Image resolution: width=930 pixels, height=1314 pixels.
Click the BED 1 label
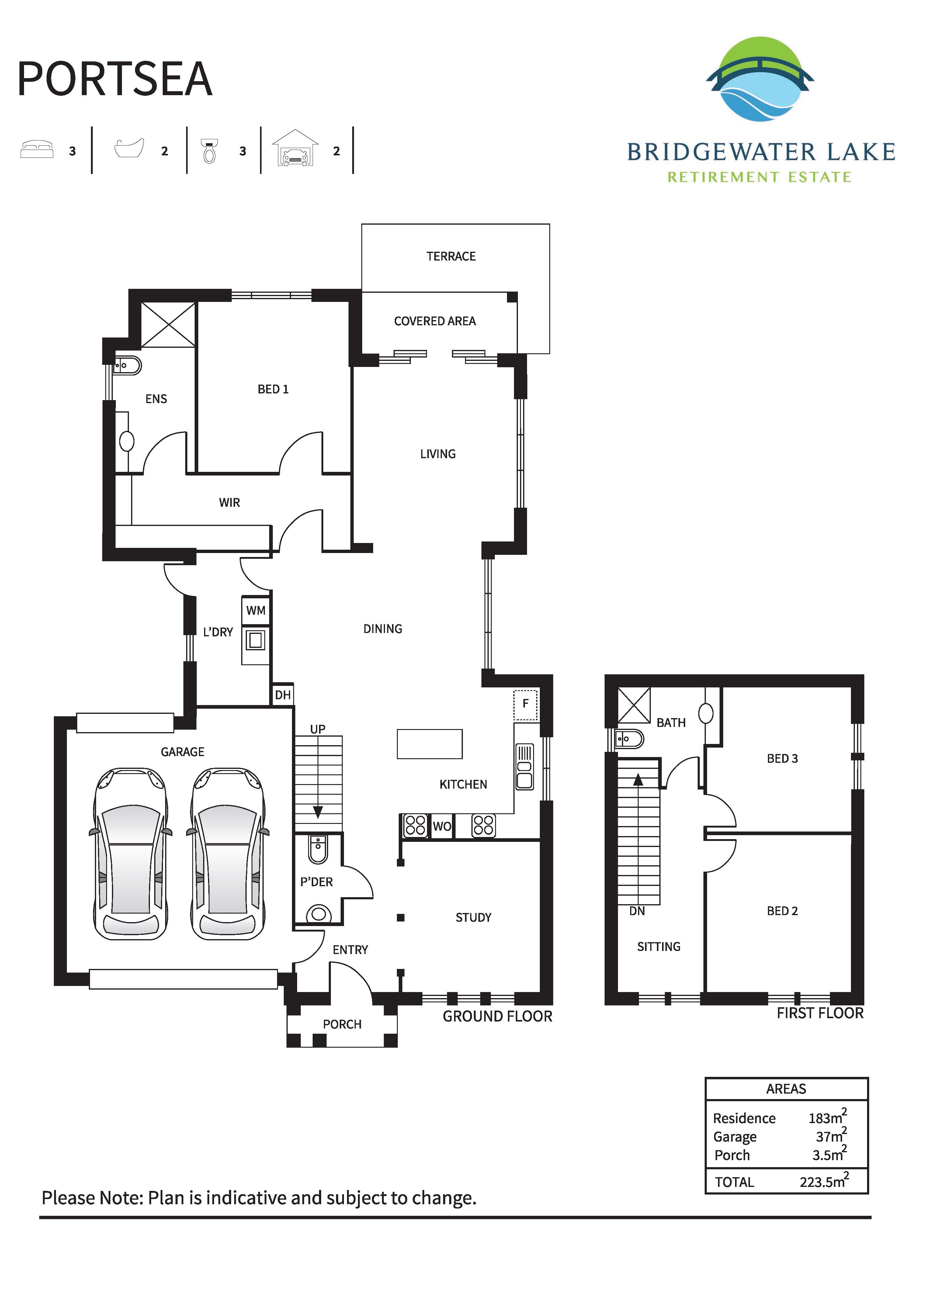tap(272, 389)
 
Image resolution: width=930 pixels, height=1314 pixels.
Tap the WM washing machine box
tap(255, 610)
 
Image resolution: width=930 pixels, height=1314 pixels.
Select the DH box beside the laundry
tap(283, 695)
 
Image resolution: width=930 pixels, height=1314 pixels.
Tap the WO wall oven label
tap(442, 826)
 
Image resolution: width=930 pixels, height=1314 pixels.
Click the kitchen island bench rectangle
tap(429, 744)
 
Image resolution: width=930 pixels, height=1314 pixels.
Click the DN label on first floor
tap(637, 911)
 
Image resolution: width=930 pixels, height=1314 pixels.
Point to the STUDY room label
tap(473, 918)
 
